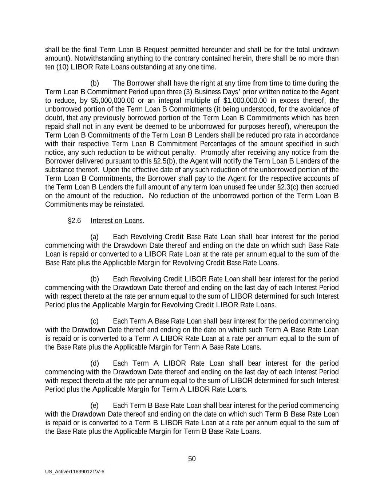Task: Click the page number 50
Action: point(192,459)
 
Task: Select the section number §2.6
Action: point(74,221)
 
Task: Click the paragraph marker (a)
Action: point(95,237)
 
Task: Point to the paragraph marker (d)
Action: point(95,363)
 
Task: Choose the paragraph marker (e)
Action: point(95,406)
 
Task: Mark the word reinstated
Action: point(129,205)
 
